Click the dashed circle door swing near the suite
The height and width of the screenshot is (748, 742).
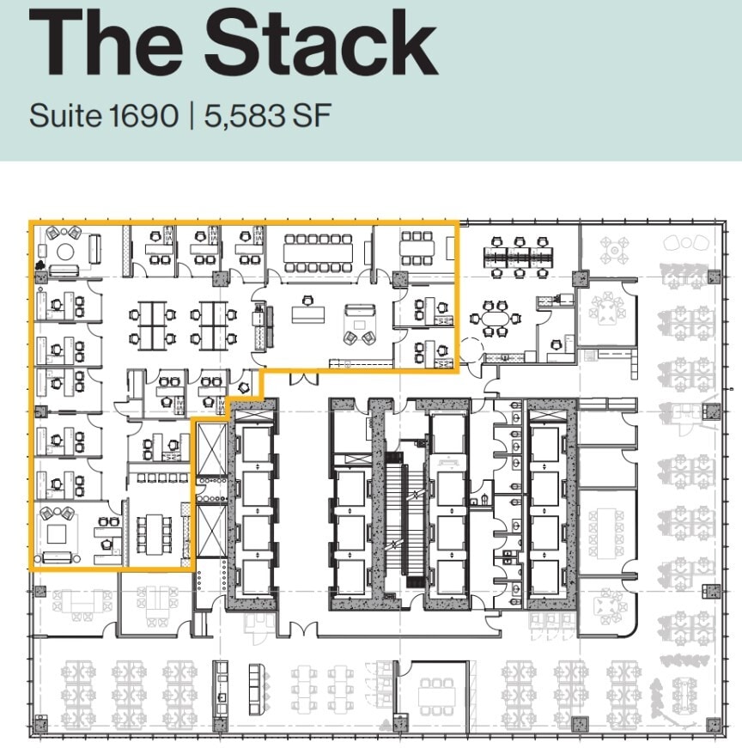coord(471,352)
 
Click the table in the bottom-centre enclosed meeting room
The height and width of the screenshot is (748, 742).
coord(435,695)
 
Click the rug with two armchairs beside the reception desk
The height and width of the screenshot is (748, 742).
coord(358,326)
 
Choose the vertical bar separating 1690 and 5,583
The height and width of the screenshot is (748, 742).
coord(192,115)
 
